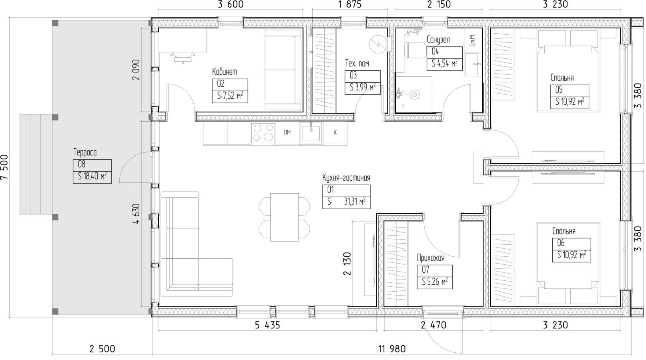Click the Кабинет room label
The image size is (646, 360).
point(225,72)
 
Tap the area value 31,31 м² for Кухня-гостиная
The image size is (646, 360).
point(355,202)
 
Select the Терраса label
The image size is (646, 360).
point(85,152)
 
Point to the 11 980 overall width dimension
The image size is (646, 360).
point(392,349)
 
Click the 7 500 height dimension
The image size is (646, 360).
point(5,168)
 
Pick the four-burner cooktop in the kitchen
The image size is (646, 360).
point(263,132)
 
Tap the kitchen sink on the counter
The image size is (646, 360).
point(311,132)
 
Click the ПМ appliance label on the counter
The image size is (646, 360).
point(287,132)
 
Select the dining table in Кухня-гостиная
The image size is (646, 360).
point(284,217)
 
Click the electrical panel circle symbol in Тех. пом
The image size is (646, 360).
point(378,44)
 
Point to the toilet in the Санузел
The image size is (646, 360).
point(415,50)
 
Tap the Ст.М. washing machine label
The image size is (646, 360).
point(472,41)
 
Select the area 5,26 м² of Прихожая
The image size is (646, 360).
point(435,281)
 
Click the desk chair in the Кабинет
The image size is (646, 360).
point(183,57)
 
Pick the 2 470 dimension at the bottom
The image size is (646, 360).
point(433,325)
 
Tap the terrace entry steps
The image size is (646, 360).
point(36,164)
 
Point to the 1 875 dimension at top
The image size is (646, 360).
point(350,4)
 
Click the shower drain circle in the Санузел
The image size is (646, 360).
point(414,94)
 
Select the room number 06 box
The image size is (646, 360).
point(572,243)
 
